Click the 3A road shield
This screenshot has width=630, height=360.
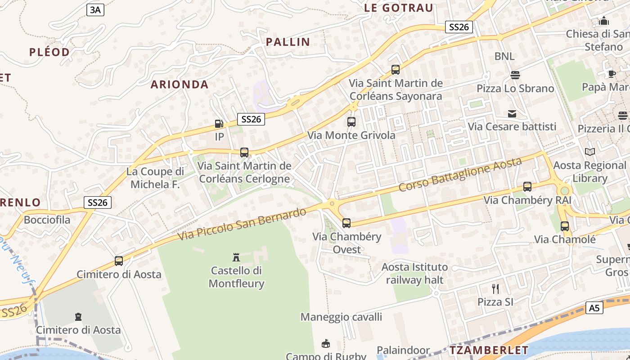click(95, 10)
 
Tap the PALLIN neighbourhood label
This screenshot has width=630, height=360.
click(288, 42)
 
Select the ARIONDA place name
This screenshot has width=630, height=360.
click(180, 84)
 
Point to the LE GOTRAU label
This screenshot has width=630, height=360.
click(398, 8)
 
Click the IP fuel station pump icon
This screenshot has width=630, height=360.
click(219, 123)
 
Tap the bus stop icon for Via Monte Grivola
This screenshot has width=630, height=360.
click(351, 122)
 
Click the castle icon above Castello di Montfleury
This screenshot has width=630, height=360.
click(236, 257)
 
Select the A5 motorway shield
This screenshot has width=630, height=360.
click(595, 308)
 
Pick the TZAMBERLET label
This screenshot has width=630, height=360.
click(489, 350)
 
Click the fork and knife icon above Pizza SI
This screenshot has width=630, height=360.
click(495, 288)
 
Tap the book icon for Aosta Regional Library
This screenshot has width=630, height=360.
click(589, 152)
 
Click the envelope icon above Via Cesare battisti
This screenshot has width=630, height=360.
click(512, 113)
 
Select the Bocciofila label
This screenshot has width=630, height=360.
click(47, 220)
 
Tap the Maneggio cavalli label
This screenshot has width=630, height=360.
click(341, 317)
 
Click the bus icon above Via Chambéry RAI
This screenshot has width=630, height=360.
click(527, 187)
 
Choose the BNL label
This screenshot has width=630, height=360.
click(504, 56)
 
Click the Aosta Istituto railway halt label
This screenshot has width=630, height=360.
click(414, 273)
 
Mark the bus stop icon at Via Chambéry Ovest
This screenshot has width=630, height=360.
click(346, 223)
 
